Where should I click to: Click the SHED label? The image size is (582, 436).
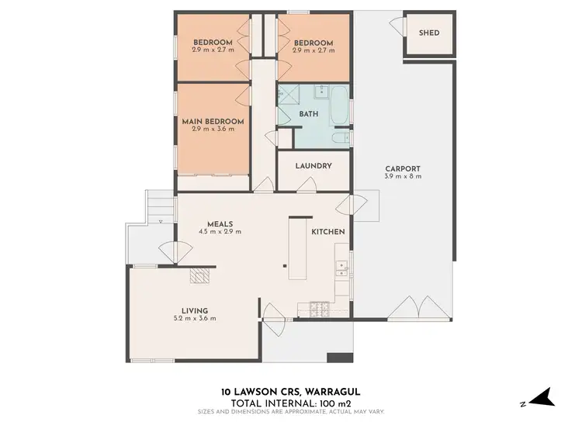point(428,33)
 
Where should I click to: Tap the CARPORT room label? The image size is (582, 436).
point(403,168)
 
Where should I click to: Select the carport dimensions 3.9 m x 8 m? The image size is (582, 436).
point(403,177)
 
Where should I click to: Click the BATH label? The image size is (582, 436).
point(309,114)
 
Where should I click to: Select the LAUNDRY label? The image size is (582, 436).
point(314,166)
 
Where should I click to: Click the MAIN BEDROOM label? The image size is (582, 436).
point(213,122)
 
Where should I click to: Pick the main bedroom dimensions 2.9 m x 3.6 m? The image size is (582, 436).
point(213,130)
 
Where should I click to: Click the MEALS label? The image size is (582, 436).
point(220,224)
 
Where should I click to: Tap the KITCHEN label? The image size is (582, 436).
point(328,232)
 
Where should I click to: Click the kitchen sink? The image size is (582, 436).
point(341,268)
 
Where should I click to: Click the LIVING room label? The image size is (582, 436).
point(195,310)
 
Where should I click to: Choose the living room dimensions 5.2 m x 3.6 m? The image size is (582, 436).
point(195,318)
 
